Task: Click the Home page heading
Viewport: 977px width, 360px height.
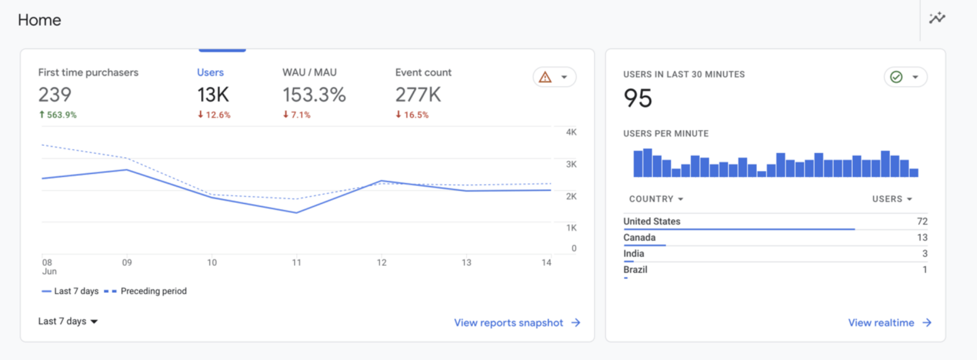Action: (x=40, y=20)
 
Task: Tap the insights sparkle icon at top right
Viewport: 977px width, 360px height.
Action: (x=937, y=18)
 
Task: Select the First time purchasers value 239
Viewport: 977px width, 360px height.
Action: (x=55, y=95)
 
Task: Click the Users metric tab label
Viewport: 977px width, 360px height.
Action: (x=210, y=73)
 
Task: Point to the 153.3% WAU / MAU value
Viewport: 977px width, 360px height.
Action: (x=314, y=95)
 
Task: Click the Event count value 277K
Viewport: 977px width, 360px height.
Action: (x=418, y=95)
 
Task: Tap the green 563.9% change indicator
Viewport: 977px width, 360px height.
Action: (x=58, y=115)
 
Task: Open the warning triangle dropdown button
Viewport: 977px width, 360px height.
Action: (x=554, y=77)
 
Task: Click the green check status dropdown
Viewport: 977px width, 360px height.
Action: (x=905, y=77)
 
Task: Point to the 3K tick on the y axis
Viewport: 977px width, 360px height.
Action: (x=571, y=164)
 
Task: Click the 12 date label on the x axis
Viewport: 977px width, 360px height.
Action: (x=382, y=263)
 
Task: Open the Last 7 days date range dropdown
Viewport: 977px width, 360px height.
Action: (x=68, y=322)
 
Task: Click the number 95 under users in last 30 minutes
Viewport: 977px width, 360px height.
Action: (x=637, y=98)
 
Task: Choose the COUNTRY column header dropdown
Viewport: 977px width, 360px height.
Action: (x=656, y=199)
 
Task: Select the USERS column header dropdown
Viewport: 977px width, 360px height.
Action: (x=892, y=199)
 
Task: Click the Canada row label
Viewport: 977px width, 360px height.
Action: (x=639, y=238)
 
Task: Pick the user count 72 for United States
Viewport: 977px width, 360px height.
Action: (x=922, y=221)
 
